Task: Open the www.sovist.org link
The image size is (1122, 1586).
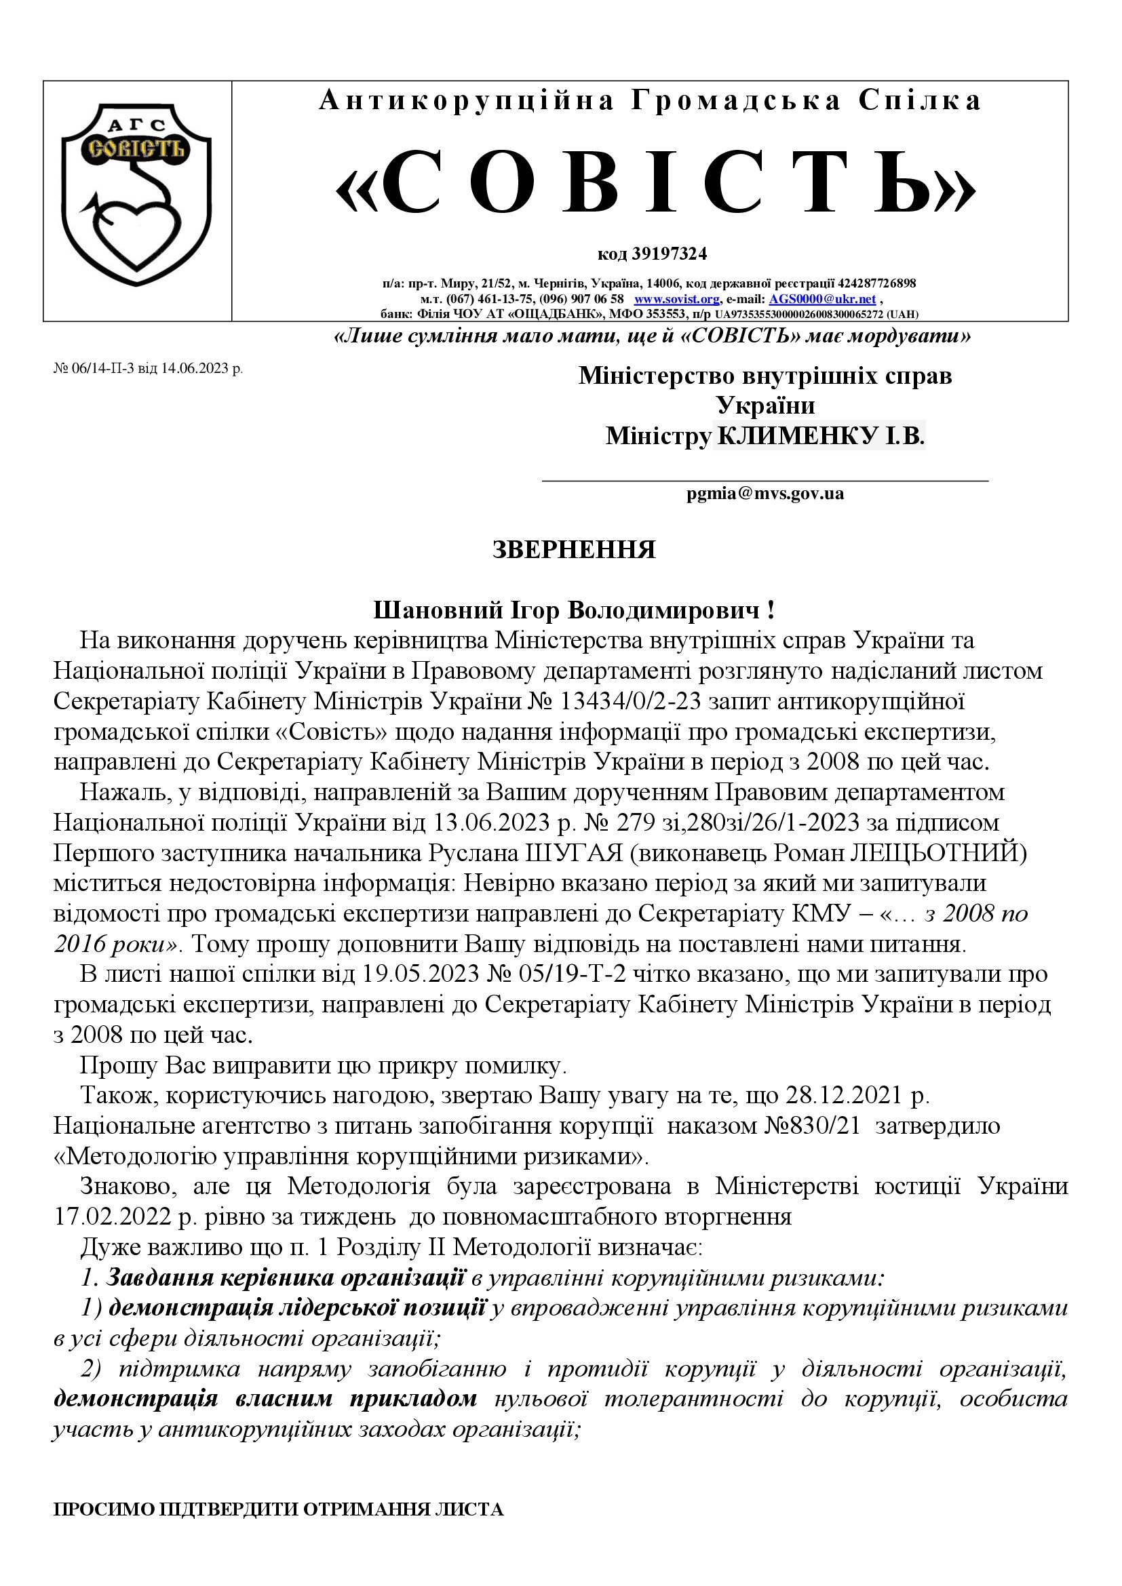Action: (676, 299)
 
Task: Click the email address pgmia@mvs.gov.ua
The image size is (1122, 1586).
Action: (765, 493)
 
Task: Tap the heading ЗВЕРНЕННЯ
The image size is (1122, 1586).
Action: (573, 550)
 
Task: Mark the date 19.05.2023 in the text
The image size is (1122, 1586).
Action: (421, 974)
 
